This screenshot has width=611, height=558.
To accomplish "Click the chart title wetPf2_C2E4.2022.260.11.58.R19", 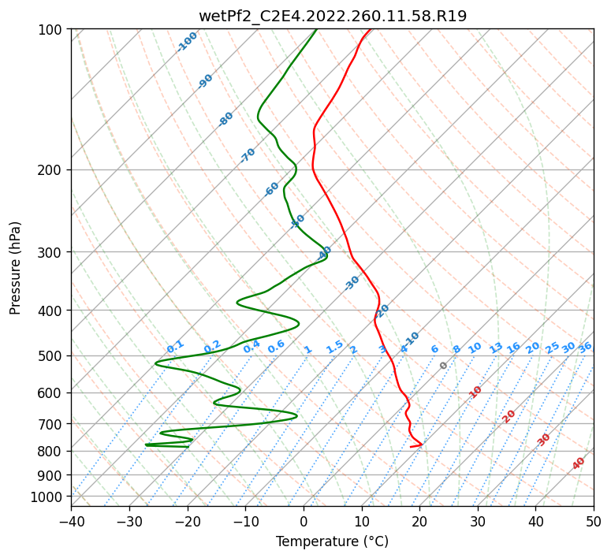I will [332, 16].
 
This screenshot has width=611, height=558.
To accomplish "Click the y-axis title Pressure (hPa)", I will [16, 267].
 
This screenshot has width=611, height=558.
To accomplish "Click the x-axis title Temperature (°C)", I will [332, 541].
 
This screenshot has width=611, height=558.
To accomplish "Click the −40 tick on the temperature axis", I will [71, 521].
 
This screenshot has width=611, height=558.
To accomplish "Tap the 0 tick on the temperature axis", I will [304, 521].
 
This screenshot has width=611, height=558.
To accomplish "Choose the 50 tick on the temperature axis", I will [594, 521].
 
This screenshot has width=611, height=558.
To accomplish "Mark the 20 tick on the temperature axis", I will [419, 521].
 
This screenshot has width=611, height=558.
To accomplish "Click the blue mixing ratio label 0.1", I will [176, 346].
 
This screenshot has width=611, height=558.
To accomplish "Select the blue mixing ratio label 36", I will [585, 347].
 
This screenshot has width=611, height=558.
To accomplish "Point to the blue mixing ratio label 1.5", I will [335, 346].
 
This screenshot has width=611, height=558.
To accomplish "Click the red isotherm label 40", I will [579, 463].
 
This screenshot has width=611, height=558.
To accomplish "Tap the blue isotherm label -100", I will [188, 42].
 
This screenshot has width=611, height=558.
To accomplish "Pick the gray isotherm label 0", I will [444, 366].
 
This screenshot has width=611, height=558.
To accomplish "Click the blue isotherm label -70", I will [248, 155].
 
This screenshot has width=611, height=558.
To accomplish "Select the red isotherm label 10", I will [475, 392].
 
